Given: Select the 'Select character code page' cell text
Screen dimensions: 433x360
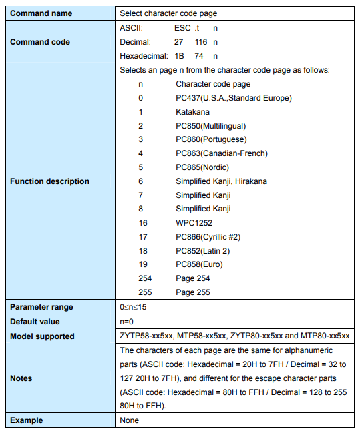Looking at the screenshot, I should (x=168, y=13).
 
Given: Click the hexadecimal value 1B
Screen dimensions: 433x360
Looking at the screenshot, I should (x=179, y=56).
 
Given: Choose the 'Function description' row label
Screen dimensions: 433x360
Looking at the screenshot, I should (x=49, y=181).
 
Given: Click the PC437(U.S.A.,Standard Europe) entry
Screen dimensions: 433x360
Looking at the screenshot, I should (x=234, y=98).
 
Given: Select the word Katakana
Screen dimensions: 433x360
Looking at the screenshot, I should (x=193, y=112).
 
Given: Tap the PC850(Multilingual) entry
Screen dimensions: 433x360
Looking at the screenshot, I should (x=210, y=126).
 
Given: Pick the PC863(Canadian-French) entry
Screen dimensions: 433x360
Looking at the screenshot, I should (x=221, y=153).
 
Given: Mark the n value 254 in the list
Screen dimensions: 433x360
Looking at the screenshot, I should (x=145, y=278).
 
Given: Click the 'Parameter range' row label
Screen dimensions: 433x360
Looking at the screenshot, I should (x=41, y=307).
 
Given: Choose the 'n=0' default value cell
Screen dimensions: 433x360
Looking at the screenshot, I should (x=128, y=322).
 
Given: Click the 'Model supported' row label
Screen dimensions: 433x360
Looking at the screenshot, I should (x=42, y=336).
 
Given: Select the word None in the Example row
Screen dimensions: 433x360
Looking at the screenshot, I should (x=130, y=420).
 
